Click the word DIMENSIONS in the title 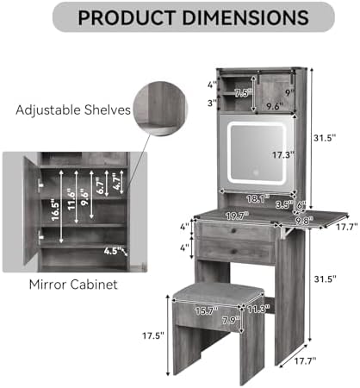tap(245, 17)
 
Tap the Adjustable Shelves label tap(73, 110)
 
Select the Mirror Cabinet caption tap(73, 285)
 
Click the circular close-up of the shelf tap(160, 109)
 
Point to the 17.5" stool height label tap(153, 335)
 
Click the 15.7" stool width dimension tap(207, 311)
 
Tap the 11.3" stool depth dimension tap(258, 310)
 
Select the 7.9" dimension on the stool tap(231, 320)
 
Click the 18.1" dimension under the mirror tap(258, 198)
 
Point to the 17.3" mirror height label tap(283, 155)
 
